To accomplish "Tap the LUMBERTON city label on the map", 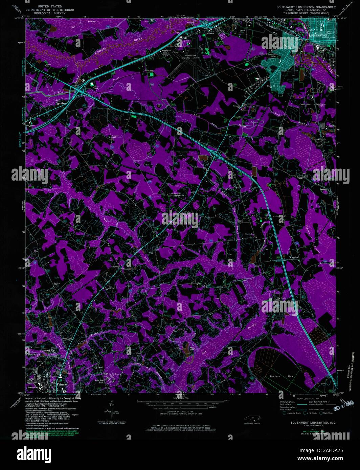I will [319, 35].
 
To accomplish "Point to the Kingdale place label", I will [294, 257].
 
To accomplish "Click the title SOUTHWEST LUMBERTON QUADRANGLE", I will [306, 6].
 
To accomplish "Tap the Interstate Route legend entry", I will [292, 413].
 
